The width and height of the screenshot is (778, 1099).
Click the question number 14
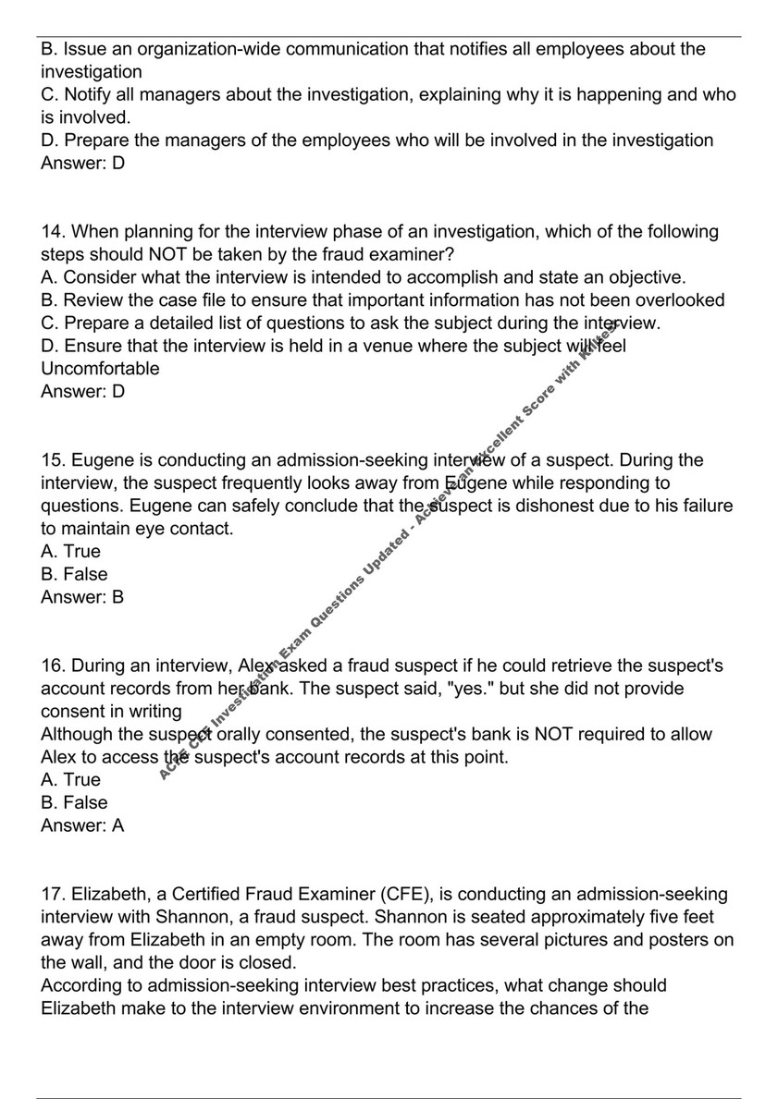tap(52, 232)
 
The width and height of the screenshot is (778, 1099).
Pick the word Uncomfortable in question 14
tap(100, 369)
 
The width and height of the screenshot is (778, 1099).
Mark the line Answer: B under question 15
tap(82, 597)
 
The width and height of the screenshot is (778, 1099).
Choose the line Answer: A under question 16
tap(82, 825)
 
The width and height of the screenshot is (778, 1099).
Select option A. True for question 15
tap(71, 552)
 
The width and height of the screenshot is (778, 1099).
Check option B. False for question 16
tap(74, 802)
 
